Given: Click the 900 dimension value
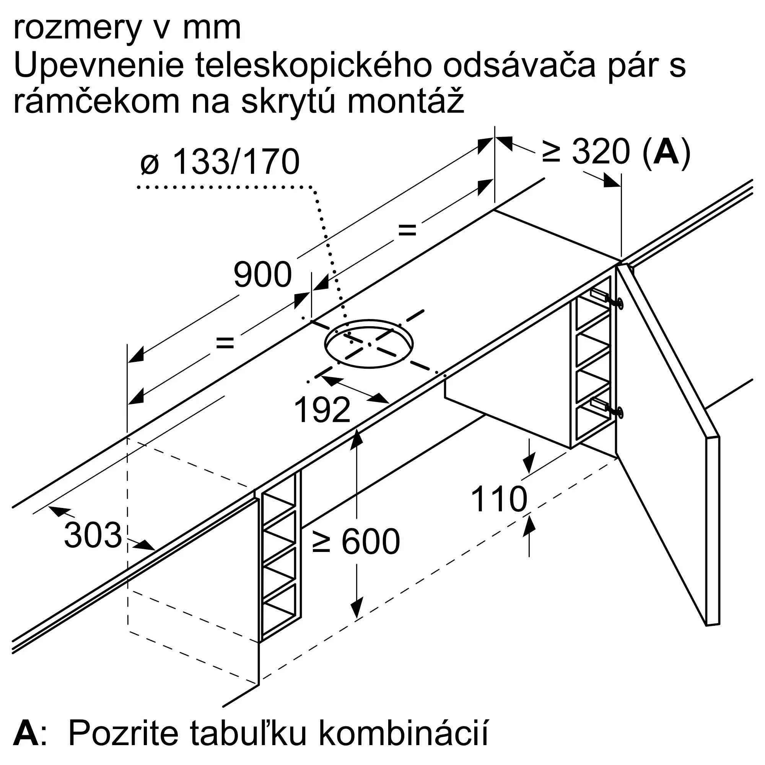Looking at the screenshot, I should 262,274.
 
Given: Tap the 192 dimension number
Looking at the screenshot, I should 322,410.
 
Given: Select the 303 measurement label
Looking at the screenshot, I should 93,535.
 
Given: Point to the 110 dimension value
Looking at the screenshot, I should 499,499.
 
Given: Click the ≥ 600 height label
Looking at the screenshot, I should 356,542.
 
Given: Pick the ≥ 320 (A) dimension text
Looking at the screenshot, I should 616,151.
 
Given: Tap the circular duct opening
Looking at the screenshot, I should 369,344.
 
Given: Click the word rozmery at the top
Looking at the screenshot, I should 78,29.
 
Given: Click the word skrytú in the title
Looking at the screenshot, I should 291,102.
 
